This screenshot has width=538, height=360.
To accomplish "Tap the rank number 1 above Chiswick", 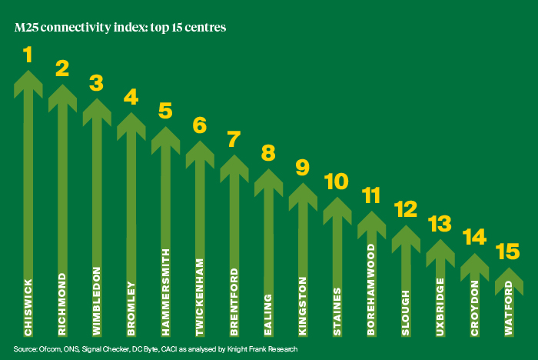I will click(x=28, y=55).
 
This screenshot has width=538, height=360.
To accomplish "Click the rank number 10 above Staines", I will click(x=337, y=182).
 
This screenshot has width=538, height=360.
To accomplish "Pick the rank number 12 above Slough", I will click(x=406, y=209).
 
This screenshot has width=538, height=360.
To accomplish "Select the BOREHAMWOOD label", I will click(x=371, y=289).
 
